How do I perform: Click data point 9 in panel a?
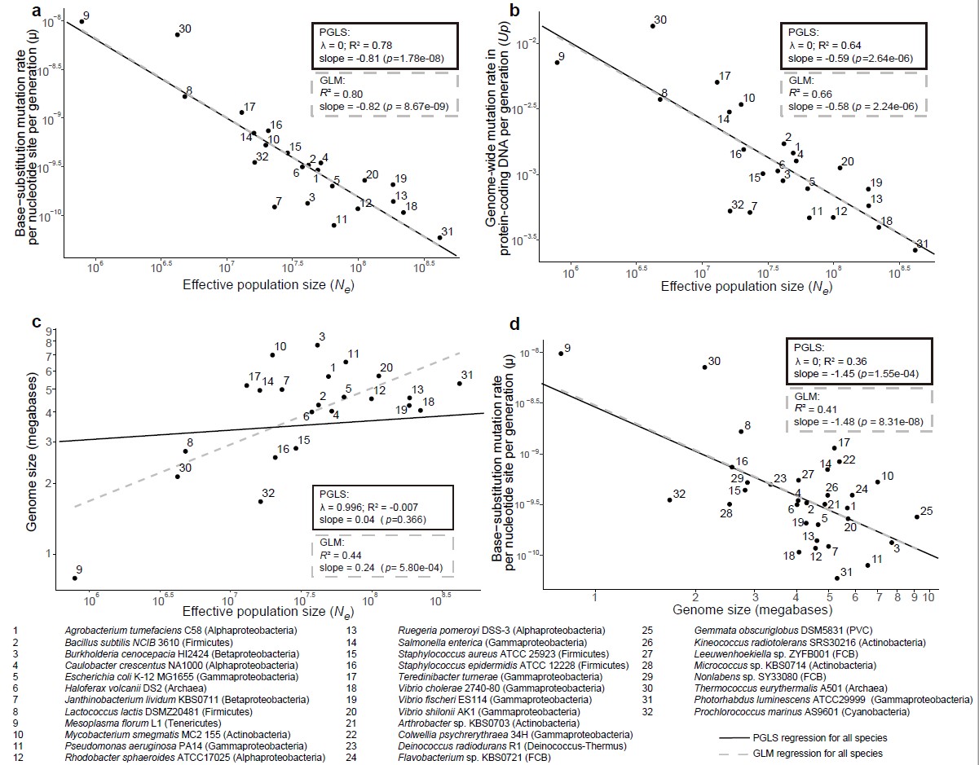(x=82, y=21)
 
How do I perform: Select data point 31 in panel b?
(x=915, y=249)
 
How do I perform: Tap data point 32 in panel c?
(x=260, y=501)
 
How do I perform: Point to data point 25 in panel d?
(x=916, y=517)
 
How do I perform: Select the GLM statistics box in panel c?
(x=382, y=556)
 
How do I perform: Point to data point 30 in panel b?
(x=653, y=26)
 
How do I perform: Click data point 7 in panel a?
(x=275, y=207)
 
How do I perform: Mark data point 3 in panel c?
(x=317, y=345)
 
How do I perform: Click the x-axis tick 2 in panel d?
(x=695, y=596)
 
